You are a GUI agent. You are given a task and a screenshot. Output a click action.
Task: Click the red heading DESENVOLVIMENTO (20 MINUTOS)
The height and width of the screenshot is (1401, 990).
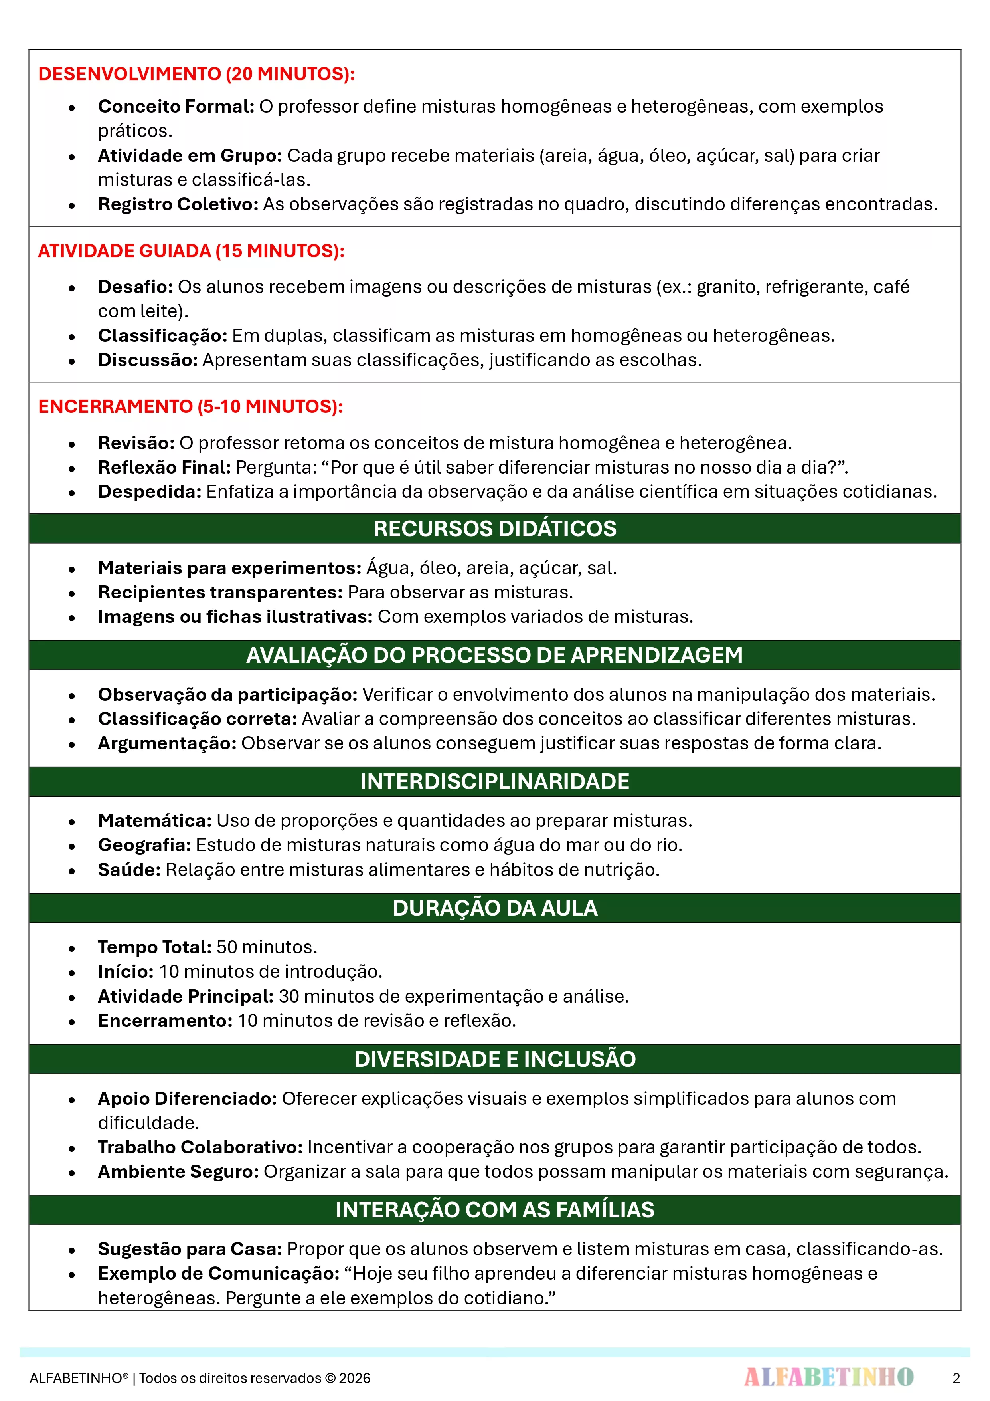click(x=196, y=74)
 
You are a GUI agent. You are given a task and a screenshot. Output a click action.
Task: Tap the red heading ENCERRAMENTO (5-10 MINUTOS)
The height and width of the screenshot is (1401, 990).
click(x=190, y=406)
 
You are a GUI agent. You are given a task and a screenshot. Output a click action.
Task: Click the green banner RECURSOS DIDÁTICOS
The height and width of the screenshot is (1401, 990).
click(x=495, y=529)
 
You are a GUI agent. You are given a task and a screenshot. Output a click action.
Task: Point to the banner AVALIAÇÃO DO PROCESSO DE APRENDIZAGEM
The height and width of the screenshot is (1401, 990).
click(x=495, y=655)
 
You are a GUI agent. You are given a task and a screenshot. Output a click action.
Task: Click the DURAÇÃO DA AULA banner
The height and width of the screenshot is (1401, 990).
click(x=495, y=908)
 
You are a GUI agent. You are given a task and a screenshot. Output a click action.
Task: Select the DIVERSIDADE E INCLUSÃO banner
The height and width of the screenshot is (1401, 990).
click(x=495, y=1059)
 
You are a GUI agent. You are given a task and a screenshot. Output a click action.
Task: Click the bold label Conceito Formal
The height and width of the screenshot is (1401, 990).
click(x=176, y=106)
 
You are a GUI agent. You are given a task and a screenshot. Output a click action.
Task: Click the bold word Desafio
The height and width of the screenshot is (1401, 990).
click(x=135, y=287)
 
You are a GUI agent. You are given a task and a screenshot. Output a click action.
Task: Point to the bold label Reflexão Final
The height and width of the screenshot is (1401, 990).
click(x=164, y=468)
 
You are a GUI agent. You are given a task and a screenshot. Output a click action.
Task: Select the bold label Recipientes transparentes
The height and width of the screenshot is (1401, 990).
click(x=220, y=593)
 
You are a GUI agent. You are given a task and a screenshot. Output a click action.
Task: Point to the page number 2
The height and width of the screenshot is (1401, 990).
click(x=956, y=1378)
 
